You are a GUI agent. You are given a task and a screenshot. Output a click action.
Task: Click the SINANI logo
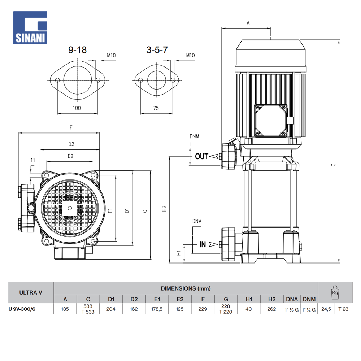click(30, 27)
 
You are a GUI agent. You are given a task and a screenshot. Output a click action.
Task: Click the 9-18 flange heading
click(78, 50)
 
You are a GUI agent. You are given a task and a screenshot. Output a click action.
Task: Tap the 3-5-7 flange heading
click(157, 50)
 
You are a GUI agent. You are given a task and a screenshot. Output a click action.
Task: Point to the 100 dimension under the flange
click(77, 108)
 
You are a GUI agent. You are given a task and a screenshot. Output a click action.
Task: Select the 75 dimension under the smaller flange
click(156, 108)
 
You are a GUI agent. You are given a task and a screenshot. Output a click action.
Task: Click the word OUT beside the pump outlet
click(201, 156)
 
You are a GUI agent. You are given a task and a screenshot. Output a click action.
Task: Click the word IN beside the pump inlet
click(203, 244)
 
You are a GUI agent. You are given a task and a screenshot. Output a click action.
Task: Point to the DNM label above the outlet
click(194, 136)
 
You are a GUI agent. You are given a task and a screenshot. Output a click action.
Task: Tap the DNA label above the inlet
click(197, 221)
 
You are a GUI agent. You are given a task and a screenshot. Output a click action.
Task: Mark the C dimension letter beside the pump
click(334, 165)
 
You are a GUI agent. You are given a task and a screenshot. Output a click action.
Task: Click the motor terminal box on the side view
click(271, 121)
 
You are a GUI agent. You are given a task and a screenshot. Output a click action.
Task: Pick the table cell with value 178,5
click(157, 309)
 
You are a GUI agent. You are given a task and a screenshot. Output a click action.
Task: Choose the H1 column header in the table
click(249, 299)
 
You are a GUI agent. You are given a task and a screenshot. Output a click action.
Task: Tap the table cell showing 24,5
click(326, 309)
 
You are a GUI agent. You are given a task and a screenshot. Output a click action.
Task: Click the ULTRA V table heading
click(31, 292)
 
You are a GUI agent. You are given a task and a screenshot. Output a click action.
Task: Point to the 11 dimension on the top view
click(33, 160)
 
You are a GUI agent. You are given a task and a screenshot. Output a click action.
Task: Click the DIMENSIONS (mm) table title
click(186, 288)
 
